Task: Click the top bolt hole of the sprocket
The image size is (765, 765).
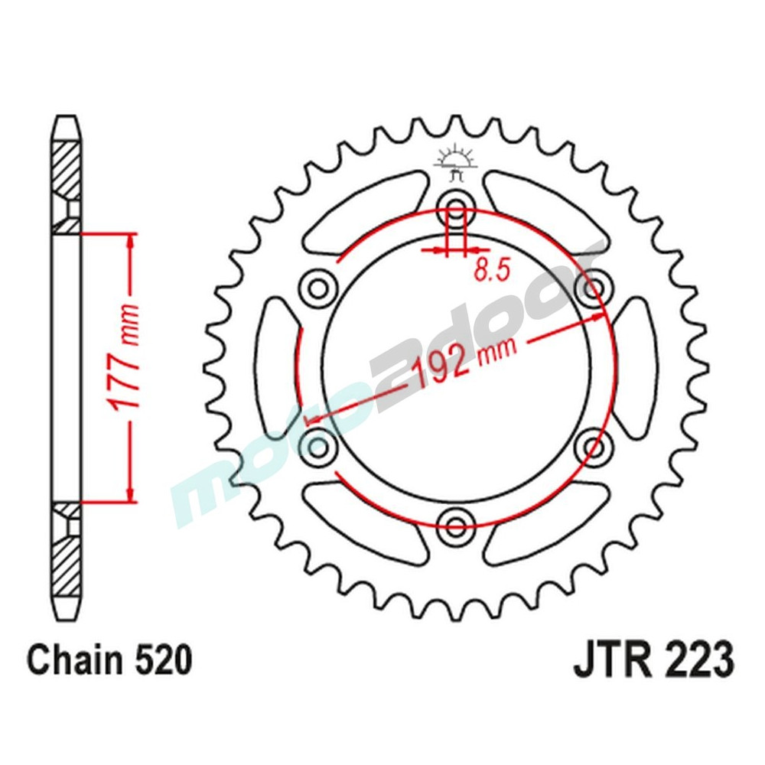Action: point(457,207)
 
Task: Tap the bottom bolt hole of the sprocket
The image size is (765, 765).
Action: point(457,524)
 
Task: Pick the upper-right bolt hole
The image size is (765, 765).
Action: point(594,287)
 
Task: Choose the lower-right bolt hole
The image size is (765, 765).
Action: point(594,444)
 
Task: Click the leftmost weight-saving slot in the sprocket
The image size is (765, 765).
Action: point(277,366)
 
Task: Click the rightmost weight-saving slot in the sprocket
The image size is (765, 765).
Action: point(636,366)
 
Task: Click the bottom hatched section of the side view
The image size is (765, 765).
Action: point(66,562)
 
